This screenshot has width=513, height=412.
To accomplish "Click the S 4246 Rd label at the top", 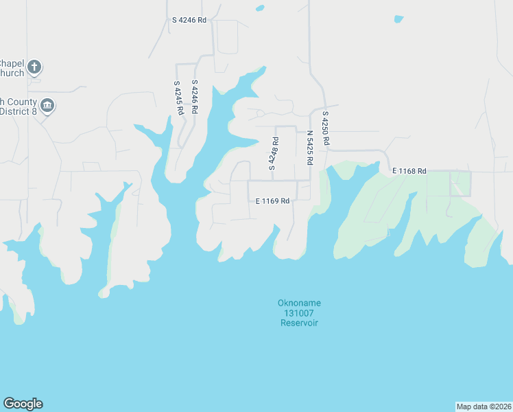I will (x=189, y=21).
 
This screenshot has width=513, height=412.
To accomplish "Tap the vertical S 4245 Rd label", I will (x=178, y=98).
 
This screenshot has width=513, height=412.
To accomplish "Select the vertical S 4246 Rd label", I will (x=195, y=97).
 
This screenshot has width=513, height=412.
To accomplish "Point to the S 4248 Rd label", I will (x=273, y=154).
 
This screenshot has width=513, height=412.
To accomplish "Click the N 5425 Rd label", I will (x=310, y=148).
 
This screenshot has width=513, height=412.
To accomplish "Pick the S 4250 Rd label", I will (x=326, y=128).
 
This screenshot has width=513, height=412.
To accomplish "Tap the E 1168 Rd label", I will (x=409, y=171).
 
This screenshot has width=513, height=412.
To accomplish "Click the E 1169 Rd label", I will (x=272, y=201).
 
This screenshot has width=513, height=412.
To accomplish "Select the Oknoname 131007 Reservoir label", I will (x=299, y=312).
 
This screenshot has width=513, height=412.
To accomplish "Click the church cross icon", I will (x=35, y=67).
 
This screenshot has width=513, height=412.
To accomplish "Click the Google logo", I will (x=23, y=404).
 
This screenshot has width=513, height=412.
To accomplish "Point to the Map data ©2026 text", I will (x=484, y=407).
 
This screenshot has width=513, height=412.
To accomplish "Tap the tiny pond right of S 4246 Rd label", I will (x=259, y=8).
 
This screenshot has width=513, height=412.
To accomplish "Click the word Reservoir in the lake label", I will (x=299, y=323).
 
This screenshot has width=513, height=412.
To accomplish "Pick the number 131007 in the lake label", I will (x=299, y=313).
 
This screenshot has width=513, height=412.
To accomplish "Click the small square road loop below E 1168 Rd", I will (x=460, y=184).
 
